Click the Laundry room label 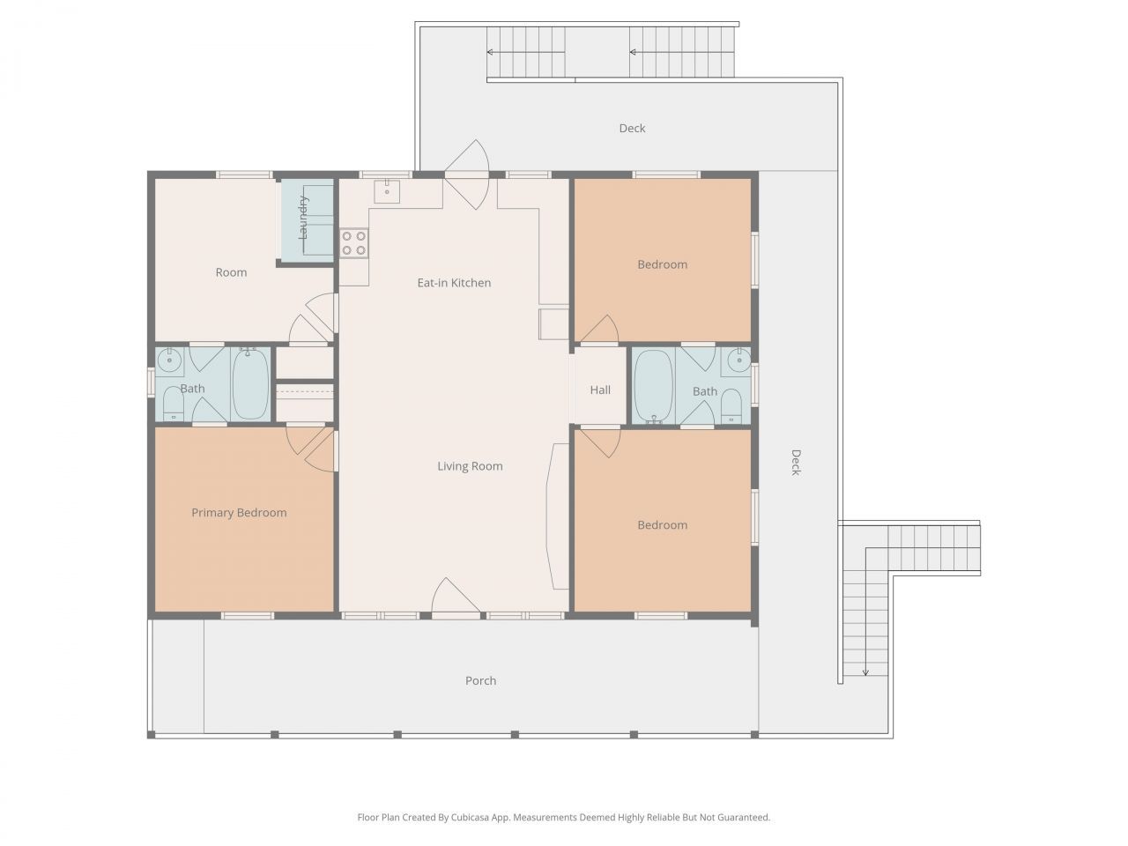[303, 217]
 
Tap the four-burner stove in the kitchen [353, 243]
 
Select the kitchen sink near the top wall [387, 191]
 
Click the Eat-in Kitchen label [454, 283]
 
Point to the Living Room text [470, 466]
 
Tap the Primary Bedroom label [239, 512]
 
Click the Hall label [600, 390]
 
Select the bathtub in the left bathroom [250, 384]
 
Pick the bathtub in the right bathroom [654, 387]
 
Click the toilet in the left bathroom [174, 404]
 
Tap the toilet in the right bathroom [731, 406]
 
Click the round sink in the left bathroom [169, 361]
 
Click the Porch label [480, 680]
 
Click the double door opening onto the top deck [466, 174]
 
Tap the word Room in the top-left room [231, 272]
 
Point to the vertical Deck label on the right [795, 463]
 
